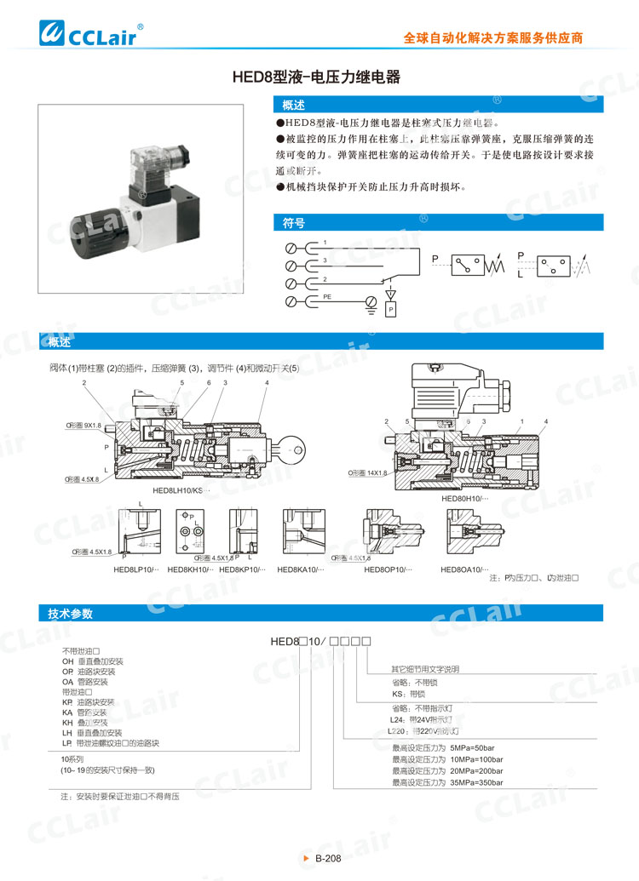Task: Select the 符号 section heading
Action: pos(294,222)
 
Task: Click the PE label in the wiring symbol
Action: pos(327,295)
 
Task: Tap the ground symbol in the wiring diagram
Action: pos(371,303)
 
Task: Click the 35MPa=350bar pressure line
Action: pos(447,782)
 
